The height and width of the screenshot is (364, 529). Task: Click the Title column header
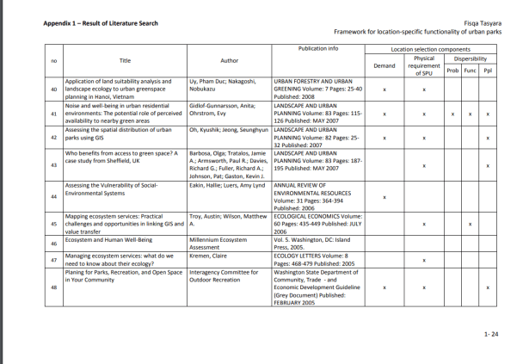125,60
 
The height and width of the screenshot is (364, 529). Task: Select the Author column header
229,60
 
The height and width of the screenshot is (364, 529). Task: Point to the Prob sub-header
452,70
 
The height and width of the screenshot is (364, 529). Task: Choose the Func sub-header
470,70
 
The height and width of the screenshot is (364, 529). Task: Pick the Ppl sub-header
488,70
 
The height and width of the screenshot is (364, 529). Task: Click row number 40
54,89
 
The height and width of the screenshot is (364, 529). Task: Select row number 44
54,198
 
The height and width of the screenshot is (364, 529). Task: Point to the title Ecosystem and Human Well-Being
107,240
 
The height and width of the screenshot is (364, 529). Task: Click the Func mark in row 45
470,225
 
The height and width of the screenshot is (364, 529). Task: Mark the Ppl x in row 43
488,165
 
